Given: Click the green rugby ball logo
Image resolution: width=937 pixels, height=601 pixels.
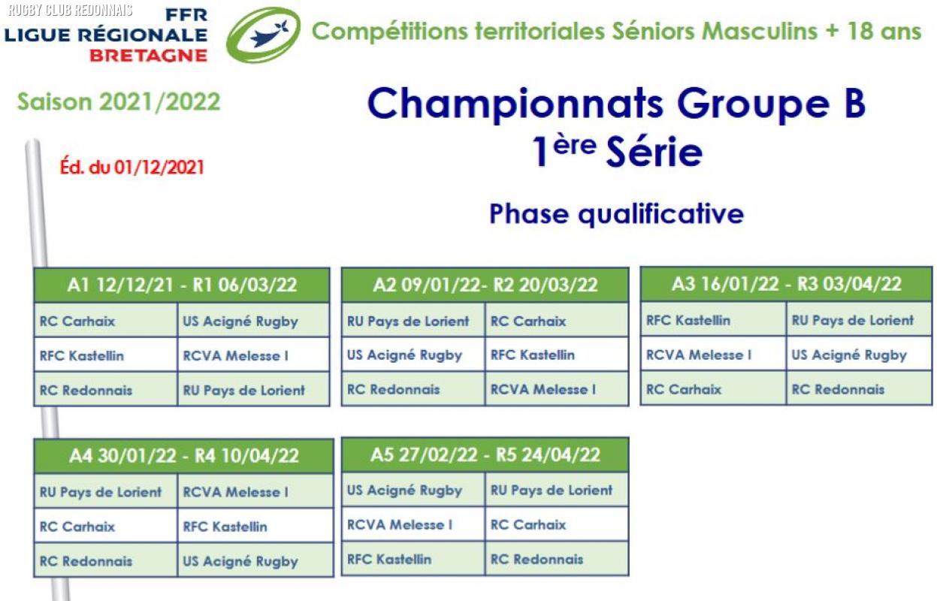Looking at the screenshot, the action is pos(263,35).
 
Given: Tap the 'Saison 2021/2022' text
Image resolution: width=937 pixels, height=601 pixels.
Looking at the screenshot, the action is pos(119,102).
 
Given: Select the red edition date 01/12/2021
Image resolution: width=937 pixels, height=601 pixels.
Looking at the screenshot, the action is pos(131,168).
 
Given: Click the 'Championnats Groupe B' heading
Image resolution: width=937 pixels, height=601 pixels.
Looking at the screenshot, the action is pos(616,104).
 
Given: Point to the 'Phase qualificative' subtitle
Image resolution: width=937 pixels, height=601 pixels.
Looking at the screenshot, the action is pos(617,215).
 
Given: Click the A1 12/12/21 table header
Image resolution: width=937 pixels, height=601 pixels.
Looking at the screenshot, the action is pos(182,285).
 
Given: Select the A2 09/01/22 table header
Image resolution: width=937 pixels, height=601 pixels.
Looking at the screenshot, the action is pos(485,285).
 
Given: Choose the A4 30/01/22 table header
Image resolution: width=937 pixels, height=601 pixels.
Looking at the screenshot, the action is pos(184,456).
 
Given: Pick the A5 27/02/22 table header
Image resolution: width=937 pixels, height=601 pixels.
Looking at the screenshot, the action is pos(485,455).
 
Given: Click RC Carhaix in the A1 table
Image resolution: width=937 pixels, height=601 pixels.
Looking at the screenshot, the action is pos(77,322).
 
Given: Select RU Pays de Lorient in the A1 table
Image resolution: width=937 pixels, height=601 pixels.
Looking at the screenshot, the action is pos(244,391).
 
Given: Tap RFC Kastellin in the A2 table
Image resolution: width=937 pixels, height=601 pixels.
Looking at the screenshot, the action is pos(533,355).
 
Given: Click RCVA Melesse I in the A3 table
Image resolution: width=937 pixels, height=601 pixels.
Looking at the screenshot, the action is pos(699,355).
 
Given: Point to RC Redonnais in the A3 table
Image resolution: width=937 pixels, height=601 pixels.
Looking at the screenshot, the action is pos(838,390).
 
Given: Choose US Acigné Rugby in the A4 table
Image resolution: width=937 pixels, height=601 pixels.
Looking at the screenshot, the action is pos(240,562).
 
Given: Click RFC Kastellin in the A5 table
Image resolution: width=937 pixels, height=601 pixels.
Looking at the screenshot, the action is pos(389,560).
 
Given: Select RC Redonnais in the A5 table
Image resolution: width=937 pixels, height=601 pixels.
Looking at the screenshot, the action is pos(537,560).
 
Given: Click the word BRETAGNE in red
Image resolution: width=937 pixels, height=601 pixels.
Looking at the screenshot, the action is pos(149,56).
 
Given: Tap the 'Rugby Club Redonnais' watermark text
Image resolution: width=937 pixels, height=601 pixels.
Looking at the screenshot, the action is pos(71,11).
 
